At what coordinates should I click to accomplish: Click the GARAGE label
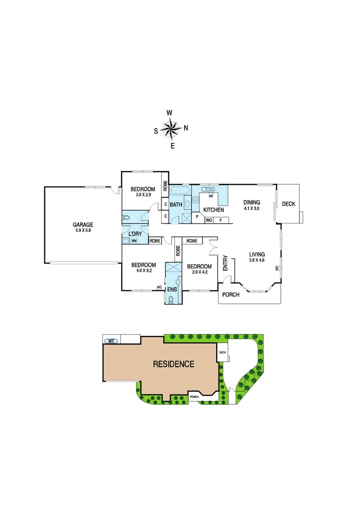coord(83,225)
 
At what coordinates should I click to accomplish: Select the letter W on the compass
coord(170,113)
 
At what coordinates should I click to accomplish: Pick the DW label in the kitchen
coord(211,196)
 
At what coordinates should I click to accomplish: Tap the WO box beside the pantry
coord(209,220)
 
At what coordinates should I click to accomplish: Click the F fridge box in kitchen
coord(221,220)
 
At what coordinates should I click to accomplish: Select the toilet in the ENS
coord(170,298)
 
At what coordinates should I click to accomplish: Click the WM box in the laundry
coord(134,241)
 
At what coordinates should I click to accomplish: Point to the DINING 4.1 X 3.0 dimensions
coord(252,208)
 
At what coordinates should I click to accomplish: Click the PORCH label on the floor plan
coord(231,295)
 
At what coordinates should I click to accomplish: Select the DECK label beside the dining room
coord(288,204)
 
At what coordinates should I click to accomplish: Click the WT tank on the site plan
coord(112,340)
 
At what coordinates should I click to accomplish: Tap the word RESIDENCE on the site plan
coord(174,364)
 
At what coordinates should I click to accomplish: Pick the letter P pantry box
coord(197,218)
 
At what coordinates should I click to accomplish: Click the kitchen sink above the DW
coord(208,190)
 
